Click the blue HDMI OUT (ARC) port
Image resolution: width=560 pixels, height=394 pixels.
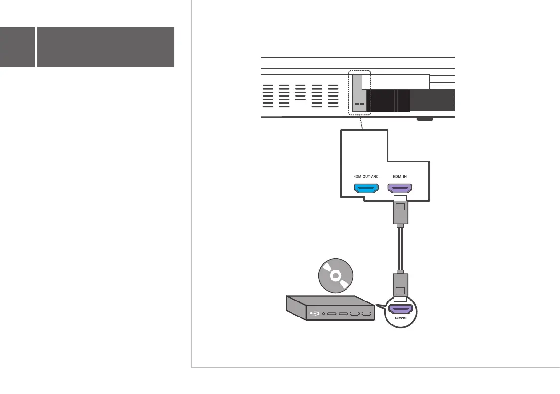(366, 189)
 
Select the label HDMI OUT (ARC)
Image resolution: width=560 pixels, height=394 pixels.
(366, 176)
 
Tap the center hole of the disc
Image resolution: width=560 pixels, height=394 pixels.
(335, 276)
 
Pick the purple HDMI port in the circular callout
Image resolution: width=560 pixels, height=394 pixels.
(400, 309)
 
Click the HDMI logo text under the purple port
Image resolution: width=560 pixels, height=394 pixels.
(400, 319)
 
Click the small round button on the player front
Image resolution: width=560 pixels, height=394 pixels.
(324, 313)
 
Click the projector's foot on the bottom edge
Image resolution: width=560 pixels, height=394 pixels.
(424, 120)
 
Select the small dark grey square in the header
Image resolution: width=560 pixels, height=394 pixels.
(17, 46)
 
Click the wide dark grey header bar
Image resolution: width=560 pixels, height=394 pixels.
(106, 46)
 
